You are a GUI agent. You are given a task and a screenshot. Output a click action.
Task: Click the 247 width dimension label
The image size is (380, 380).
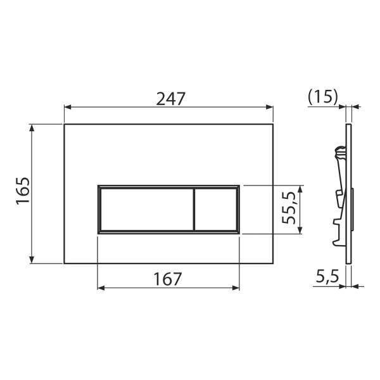(170, 99)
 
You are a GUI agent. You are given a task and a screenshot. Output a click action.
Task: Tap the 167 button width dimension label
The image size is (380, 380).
(168, 279)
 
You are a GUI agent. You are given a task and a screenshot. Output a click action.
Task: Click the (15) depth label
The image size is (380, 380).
(322, 97)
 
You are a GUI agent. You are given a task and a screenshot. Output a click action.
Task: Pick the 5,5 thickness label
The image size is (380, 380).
(327, 276)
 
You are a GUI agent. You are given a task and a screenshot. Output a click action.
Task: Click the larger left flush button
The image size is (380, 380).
(147, 210)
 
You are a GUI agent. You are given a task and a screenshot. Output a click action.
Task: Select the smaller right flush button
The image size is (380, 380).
(216, 210)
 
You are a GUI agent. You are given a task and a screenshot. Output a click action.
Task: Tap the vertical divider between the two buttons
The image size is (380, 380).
(194, 210)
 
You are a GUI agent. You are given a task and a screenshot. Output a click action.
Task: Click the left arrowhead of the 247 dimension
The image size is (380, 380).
(68, 107)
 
